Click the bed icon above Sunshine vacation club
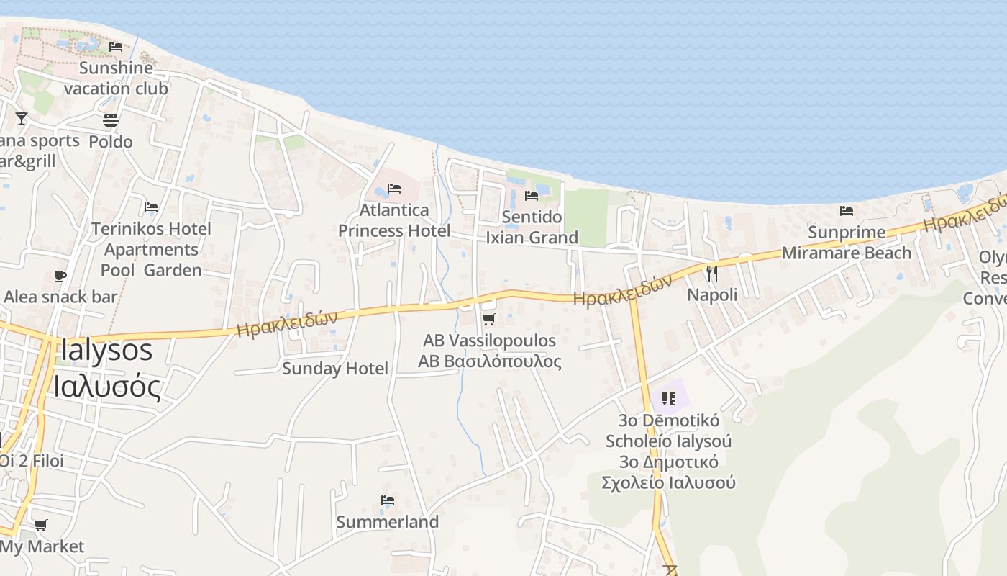[115, 47]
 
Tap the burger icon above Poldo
[111, 120]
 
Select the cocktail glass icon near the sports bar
[22, 119]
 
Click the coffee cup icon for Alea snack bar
[60, 276]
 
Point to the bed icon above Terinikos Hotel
[151, 207]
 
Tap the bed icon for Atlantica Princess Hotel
[394, 189]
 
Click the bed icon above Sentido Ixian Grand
[532, 195]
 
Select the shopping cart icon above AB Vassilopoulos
[489, 319]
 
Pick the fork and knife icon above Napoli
[712, 274]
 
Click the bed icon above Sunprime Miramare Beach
[847, 211]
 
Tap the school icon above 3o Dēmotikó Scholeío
[669, 398]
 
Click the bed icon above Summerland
[388, 500]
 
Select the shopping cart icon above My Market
[41, 526]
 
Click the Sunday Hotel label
[335, 369]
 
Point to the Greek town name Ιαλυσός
[106, 387]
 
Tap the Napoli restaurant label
[712, 294]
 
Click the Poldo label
[111, 141]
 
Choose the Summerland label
[388, 522]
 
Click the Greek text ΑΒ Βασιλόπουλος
[492, 361]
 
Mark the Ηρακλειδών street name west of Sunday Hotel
[286, 324]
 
